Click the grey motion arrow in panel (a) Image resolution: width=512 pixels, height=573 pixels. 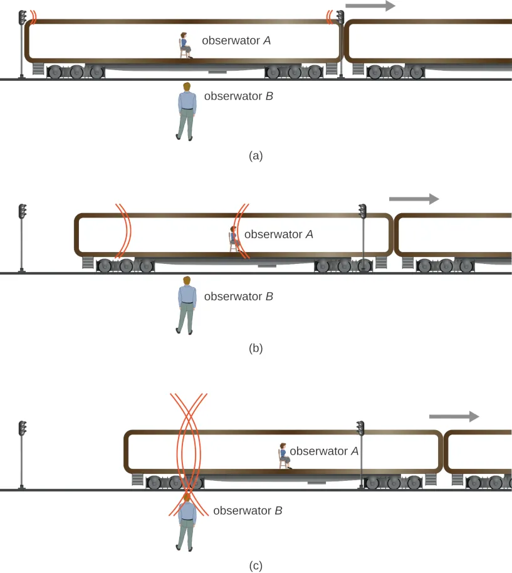click(x=370, y=6)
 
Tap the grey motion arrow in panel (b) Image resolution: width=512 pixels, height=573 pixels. click(x=414, y=199)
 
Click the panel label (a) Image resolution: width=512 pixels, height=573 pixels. click(x=256, y=155)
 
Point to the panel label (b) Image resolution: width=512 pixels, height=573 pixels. click(x=256, y=349)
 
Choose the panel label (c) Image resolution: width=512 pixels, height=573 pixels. click(x=256, y=565)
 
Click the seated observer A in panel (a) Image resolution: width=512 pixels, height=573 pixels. click(x=184, y=46)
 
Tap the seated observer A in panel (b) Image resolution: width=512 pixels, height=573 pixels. click(x=234, y=239)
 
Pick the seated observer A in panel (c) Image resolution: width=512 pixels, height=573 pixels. click(x=284, y=456)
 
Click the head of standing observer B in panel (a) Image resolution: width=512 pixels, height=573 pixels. click(x=186, y=87)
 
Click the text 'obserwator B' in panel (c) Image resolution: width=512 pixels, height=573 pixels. click(x=248, y=511)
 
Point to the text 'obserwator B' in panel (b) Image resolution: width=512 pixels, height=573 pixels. click(x=239, y=297)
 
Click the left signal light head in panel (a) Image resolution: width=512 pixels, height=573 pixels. click(x=23, y=17)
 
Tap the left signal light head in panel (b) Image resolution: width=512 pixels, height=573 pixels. click(x=23, y=211)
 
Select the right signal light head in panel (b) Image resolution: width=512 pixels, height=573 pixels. click(x=362, y=211)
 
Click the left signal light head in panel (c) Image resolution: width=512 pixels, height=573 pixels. click(x=23, y=428)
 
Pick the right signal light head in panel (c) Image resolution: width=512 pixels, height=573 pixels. click(x=360, y=428)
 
